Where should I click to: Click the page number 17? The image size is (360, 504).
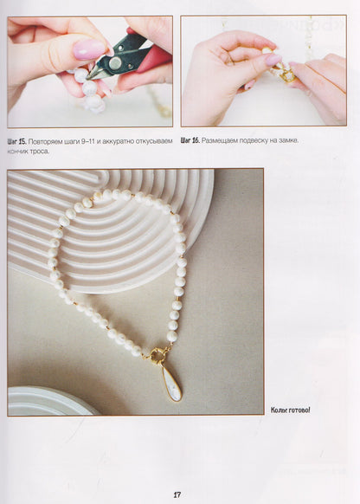(177, 494)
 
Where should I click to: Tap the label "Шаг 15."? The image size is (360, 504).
(16, 141)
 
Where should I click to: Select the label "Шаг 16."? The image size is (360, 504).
(190, 140)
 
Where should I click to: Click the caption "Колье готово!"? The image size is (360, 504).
(290, 410)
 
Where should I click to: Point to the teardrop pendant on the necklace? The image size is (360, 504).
(171, 384)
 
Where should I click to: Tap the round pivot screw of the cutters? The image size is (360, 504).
(115, 63)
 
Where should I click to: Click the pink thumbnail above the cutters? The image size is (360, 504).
(89, 50)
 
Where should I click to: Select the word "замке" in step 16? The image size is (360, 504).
(290, 140)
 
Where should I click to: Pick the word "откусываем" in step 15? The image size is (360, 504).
(156, 141)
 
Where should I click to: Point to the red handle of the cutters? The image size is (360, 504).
(153, 59)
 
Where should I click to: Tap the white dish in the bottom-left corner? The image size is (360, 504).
(48, 401)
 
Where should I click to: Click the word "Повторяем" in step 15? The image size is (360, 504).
(43, 141)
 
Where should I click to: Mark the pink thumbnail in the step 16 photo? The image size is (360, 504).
(273, 60)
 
